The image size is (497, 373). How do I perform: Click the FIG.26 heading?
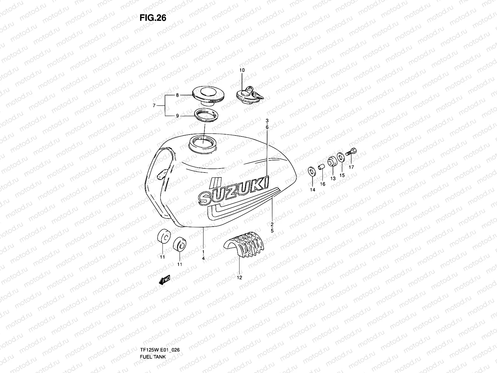(x=153, y=18)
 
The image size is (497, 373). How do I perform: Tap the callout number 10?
(x=242, y=70)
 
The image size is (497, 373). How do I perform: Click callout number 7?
(x=154, y=106)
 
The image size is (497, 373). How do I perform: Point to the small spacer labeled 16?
(x=321, y=167)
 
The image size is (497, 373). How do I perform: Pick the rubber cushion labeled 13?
(x=332, y=161)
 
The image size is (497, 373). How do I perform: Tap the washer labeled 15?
(x=340, y=157)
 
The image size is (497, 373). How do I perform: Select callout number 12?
(x=239, y=278)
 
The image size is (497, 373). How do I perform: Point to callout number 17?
(x=351, y=167)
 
